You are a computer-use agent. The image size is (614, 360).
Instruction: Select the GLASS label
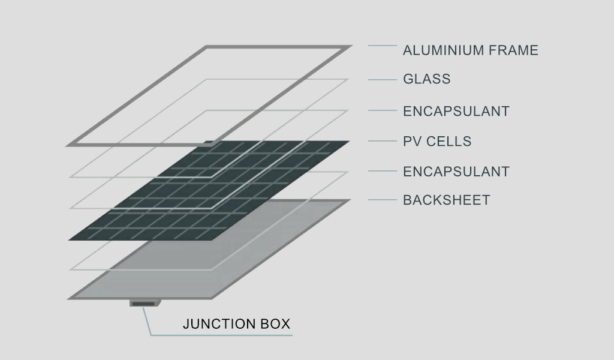tap(427, 79)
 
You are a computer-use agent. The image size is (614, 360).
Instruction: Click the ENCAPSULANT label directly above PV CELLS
tap(456, 111)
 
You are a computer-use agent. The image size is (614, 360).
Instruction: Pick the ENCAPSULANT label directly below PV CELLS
tap(456, 172)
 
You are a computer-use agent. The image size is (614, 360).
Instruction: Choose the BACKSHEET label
tap(446, 200)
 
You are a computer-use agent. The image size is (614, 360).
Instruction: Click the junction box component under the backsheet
tap(145, 303)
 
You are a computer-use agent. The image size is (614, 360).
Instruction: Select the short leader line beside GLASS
tap(382, 80)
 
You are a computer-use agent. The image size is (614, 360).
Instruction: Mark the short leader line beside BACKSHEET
tap(382, 200)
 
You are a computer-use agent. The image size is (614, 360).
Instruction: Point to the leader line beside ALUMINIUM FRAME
tap(382, 46)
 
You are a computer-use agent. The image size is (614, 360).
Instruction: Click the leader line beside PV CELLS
tap(382, 141)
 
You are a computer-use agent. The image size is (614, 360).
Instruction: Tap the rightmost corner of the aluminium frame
tap(352, 46)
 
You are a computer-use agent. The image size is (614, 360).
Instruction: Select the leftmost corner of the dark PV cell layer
tap(68, 240)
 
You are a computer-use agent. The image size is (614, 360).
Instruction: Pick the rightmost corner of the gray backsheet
tap(350, 200)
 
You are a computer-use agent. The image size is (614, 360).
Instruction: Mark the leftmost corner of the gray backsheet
tap(67, 299)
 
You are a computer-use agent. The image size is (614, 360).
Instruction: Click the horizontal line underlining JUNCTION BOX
tap(222, 335)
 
